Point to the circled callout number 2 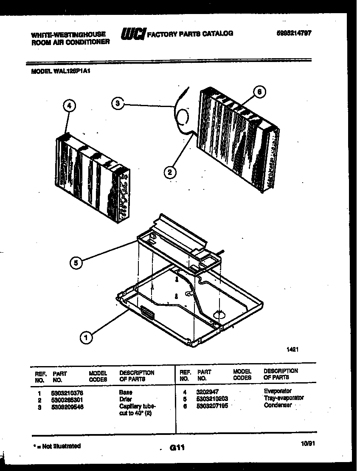tap(169, 172)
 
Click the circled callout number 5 tap(76, 263)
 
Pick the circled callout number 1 tap(86, 338)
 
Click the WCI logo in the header tap(133, 34)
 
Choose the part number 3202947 tap(207, 391)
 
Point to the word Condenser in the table tap(278, 405)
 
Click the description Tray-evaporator tap(284, 398)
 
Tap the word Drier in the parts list tap(126, 400)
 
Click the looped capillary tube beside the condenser tap(183, 116)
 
